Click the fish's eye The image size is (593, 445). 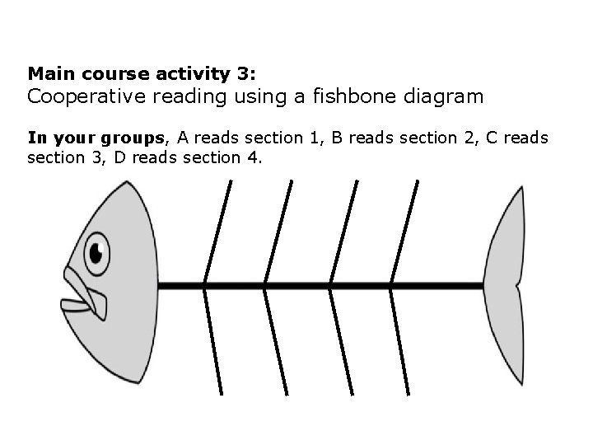pyautogui.click(x=97, y=253)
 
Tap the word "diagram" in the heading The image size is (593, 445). pyautogui.click(x=444, y=96)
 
